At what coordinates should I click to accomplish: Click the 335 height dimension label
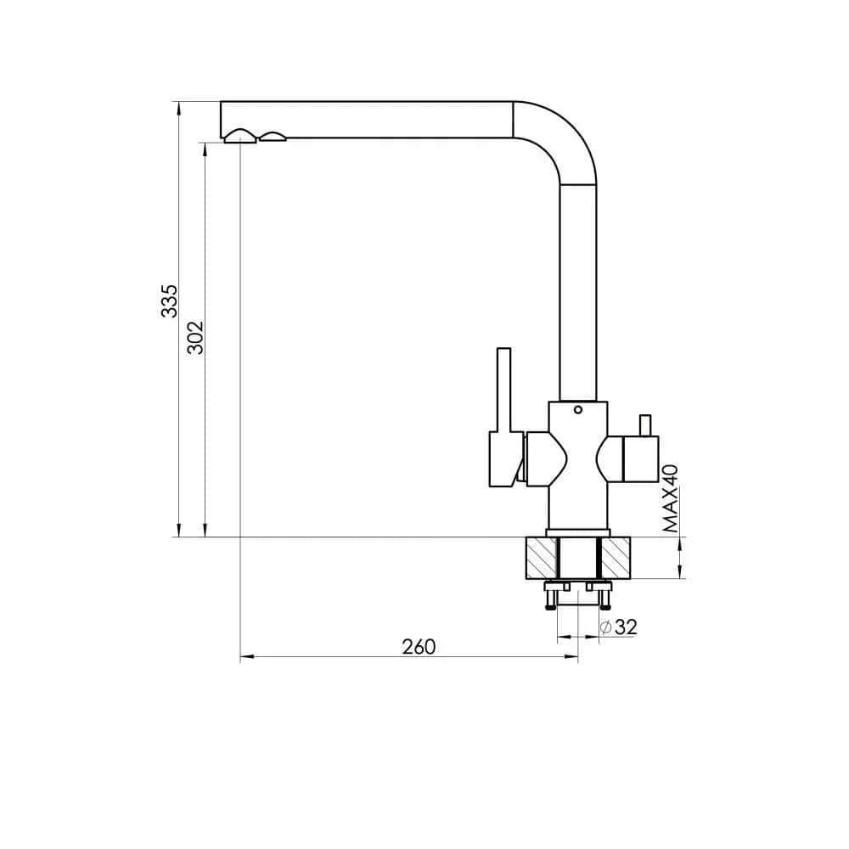(170, 301)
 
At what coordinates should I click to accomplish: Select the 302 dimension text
(195, 338)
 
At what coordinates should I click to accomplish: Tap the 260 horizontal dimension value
(419, 646)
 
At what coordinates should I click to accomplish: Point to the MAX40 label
(671, 498)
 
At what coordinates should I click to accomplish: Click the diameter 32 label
(619, 627)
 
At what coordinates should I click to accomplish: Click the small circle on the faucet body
(577, 410)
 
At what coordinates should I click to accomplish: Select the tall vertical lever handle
(504, 390)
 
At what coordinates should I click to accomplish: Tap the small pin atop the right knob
(645, 425)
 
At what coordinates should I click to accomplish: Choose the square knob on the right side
(642, 459)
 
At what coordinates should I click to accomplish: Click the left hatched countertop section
(541, 558)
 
